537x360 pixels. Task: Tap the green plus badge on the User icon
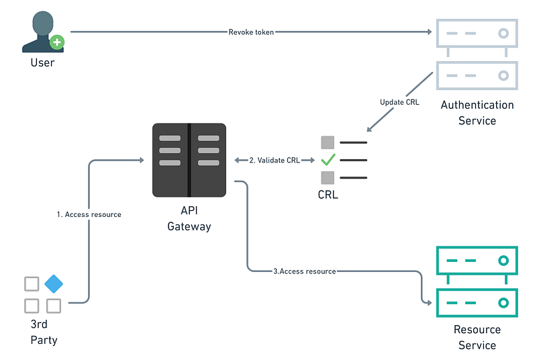58,42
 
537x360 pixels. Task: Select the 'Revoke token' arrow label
251,32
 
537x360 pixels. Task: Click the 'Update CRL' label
399,102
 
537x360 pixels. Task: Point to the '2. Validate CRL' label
275,161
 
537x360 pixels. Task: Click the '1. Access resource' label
89,215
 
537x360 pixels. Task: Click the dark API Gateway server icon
189,160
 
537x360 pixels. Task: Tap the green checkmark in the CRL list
328,160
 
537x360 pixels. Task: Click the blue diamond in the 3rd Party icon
54,284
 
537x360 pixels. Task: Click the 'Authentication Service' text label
477,113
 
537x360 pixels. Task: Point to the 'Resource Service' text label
477,337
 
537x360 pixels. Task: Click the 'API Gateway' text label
189,219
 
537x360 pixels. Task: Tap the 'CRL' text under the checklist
328,195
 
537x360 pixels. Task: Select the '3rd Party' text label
44,332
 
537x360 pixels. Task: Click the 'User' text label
42,63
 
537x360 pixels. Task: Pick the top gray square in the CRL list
328,142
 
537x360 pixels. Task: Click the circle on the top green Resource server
503,260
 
